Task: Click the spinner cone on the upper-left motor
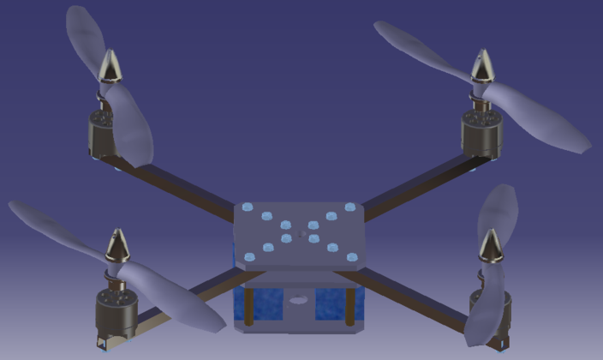[x=110, y=65]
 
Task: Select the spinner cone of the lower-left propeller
[x=116, y=246]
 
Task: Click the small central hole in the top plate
[x=301, y=231]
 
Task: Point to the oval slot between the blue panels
[x=298, y=301]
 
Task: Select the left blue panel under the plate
[x=262, y=303]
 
